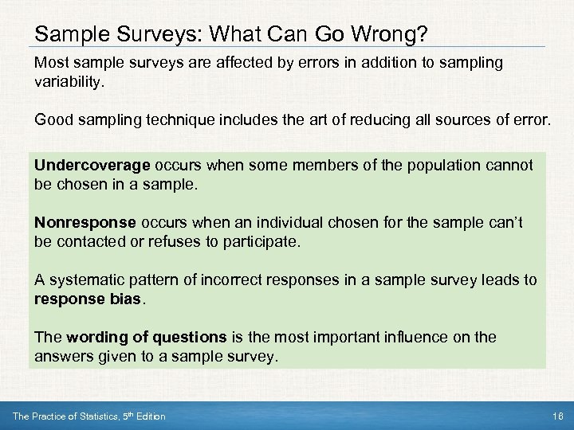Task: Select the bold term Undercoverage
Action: (x=92, y=166)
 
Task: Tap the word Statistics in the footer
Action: (x=92, y=416)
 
